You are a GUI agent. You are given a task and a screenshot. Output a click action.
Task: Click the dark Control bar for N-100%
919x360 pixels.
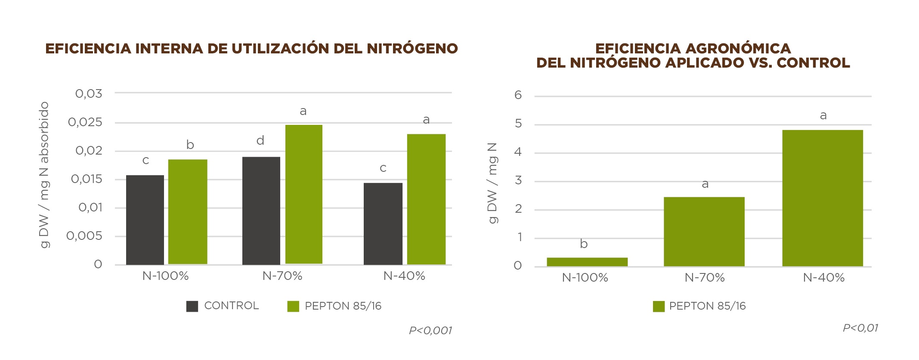[x=145, y=220]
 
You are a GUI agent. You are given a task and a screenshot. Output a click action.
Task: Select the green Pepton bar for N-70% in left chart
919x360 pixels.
[x=303, y=194]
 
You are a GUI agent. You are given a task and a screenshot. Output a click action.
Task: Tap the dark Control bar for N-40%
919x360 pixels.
[x=383, y=223]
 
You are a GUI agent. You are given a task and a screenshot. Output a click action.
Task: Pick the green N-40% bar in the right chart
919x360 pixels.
[x=822, y=198]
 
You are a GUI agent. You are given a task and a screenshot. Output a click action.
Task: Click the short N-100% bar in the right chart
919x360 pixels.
[x=587, y=262]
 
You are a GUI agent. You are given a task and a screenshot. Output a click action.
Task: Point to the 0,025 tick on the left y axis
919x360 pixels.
[x=85, y=123]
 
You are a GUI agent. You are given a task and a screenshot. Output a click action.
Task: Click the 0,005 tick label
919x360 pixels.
[x=84, y=236]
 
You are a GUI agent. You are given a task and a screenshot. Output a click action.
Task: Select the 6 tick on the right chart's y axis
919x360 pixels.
[x=518, y=95]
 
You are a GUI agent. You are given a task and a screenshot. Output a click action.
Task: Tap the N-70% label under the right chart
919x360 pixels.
[x=704, y=278]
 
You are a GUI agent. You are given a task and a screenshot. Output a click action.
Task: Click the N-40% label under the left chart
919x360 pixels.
[x=404, y=276]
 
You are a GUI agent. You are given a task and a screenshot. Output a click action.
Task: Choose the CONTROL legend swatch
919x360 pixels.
[x=192, y=306]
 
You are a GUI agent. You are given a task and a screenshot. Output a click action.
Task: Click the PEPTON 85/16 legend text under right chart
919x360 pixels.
[x=707, y=306]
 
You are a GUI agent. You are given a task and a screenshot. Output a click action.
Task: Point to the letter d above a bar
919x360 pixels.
[x=260, y=141]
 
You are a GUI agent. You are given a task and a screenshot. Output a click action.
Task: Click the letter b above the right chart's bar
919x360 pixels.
[x=584, y=244]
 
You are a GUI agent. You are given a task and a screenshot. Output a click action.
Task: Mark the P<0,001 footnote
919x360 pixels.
[x=430, y=330]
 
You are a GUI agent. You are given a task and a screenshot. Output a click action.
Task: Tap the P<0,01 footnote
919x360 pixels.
[x=860, y=328]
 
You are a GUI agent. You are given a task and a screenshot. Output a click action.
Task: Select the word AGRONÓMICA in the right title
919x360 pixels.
[x=738, y=49]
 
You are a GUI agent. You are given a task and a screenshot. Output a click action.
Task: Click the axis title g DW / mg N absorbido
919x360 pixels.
[x=44, y=175]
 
